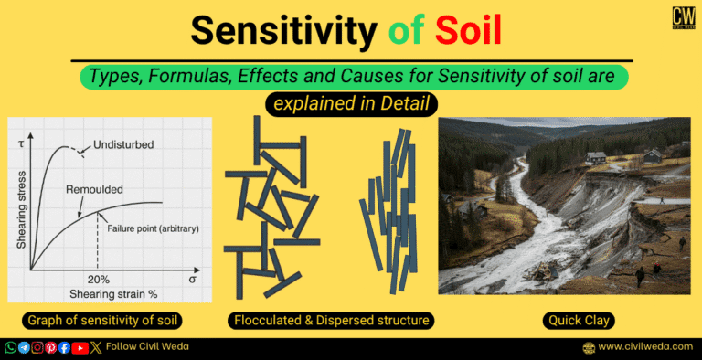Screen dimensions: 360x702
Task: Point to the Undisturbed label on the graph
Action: [x=122, y=145]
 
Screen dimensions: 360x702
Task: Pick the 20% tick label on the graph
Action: [x=99, y=279]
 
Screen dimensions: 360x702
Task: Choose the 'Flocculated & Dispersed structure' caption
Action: [x=330, y=321]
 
